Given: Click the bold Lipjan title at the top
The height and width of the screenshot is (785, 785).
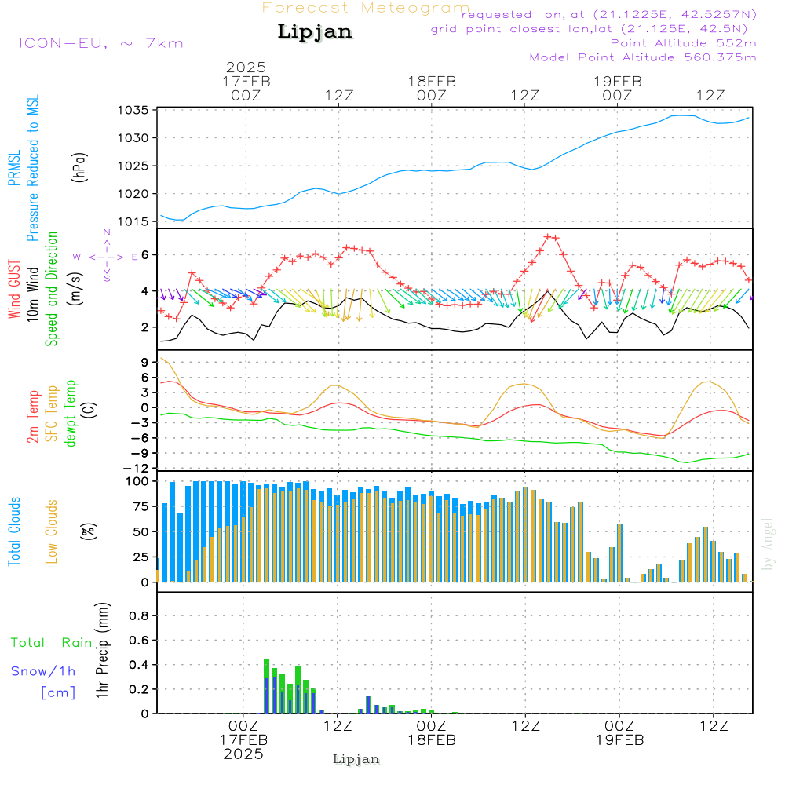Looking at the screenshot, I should coord(315,32).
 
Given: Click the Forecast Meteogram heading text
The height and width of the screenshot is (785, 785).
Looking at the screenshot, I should coord(366,8).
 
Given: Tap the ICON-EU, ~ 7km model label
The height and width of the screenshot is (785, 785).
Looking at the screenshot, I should coord(100,42).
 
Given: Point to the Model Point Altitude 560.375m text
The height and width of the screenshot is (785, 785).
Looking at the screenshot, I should coord(643,57).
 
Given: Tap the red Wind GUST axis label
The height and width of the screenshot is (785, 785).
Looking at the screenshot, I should coord(13,290).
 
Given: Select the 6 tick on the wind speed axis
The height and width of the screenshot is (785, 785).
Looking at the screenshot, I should coord(144,255).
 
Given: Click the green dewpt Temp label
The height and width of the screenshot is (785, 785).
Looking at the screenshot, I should coord(71,413).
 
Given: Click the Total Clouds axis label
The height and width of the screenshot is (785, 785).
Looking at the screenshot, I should coord(13,531).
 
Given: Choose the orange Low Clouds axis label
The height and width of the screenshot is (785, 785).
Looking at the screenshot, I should coord(52,531).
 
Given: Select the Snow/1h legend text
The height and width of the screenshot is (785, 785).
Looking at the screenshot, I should coord(44,671).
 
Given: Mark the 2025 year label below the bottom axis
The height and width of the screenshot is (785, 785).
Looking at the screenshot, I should coord(243,754).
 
